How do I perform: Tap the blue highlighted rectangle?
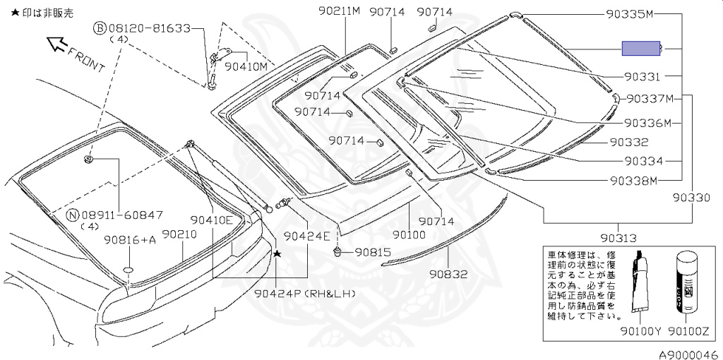point(640,48)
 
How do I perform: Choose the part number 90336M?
point(647,123)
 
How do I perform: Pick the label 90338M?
point(633,180)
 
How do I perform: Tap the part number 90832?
point(448,274)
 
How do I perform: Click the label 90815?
point(372,251)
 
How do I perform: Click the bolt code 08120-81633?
point(149,28)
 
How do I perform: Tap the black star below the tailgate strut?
point(277,253)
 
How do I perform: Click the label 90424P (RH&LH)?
point(305,293)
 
